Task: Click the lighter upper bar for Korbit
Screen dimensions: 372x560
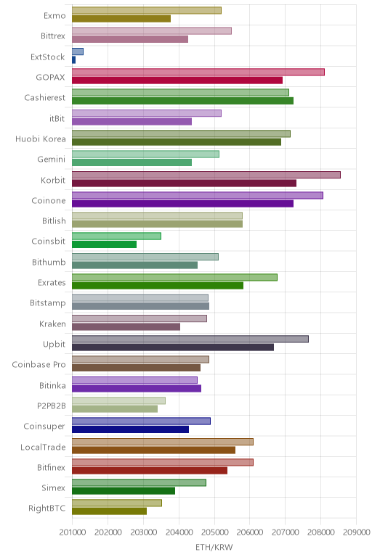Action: [x=206, y=175]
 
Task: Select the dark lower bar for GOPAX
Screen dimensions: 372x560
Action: [x=177, y=81]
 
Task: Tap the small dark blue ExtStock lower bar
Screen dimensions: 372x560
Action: [x=73, y=60]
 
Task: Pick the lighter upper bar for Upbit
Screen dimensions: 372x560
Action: [x=190, y=339]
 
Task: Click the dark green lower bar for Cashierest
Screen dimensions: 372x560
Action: [x=182, y=101]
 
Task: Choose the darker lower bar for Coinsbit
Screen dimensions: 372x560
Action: [x=104, y=244]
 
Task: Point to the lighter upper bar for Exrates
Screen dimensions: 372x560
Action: [x=174, y=278]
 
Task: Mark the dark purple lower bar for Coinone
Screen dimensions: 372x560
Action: [x=182, y=204]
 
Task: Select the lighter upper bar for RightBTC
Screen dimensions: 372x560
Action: [x=116, y=503]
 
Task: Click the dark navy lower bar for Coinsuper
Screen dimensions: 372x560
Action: [x=130, y=429]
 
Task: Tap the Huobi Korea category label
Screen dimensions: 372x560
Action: [x=41, y=139]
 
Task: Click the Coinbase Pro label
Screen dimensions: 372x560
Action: [x=39, y=365]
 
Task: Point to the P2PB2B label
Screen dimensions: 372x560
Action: [x=52, y=405]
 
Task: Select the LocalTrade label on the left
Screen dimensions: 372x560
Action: [x=44, y=447]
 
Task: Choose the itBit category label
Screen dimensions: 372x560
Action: [x=57, y=118]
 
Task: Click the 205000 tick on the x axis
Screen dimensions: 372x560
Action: [x=214, y=532]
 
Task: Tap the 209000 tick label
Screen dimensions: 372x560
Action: [x=356, y=532]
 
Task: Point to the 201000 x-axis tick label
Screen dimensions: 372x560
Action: [x=72, y=532]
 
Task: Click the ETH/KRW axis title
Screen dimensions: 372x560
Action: [x=214, y=547]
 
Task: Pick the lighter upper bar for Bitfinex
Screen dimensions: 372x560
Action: [x=163, y=462]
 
